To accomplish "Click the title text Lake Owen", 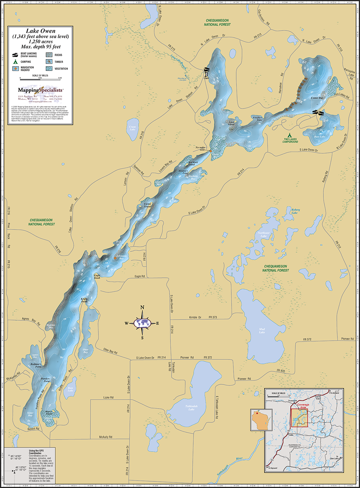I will coord(40,31).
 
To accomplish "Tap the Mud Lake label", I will coord(262,331).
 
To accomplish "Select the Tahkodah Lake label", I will coord(192,407).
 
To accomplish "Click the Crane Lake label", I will coord(132,128).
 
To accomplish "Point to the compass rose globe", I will coord(142,323).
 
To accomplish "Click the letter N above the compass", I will coord(142,308).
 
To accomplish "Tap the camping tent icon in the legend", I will coord(15,62).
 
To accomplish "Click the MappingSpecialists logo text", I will coord(40,90).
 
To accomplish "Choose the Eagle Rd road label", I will coord(140,276).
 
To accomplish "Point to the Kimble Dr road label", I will coord(195,317).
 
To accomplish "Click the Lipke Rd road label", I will coord(108,398).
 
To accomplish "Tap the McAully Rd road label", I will coord(106,437).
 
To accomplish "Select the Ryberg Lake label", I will coord(295,211).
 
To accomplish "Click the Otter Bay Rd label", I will coord(111,351).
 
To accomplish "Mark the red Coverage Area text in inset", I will coord(303,406).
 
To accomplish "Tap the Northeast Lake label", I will coord(264,234).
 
